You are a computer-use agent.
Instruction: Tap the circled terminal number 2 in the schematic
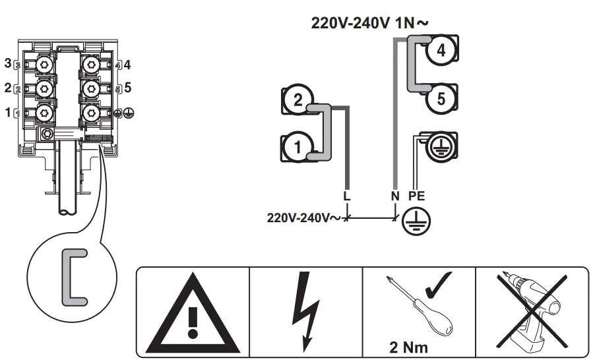pyautogui.click(x=297, y=101)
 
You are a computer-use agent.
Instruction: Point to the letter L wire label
pyautogui.click(x=347, y=196)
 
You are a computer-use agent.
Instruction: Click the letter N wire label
pyautogui.click(x=394, y=196)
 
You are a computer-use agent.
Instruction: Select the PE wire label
pyautogui.click(x=416, y=196)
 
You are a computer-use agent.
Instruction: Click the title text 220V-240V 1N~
pyautogui.click(x=369, y=22)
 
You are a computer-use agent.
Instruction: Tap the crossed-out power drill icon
pyautogui.click(x=532, y=310)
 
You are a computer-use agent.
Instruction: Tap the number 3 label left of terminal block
pyautogui.click(x=8, y=63)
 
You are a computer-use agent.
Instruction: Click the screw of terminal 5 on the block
pyautogui.click(x=90, y=88)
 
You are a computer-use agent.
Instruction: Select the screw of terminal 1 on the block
pyautogui.click(x=44, y=113)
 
